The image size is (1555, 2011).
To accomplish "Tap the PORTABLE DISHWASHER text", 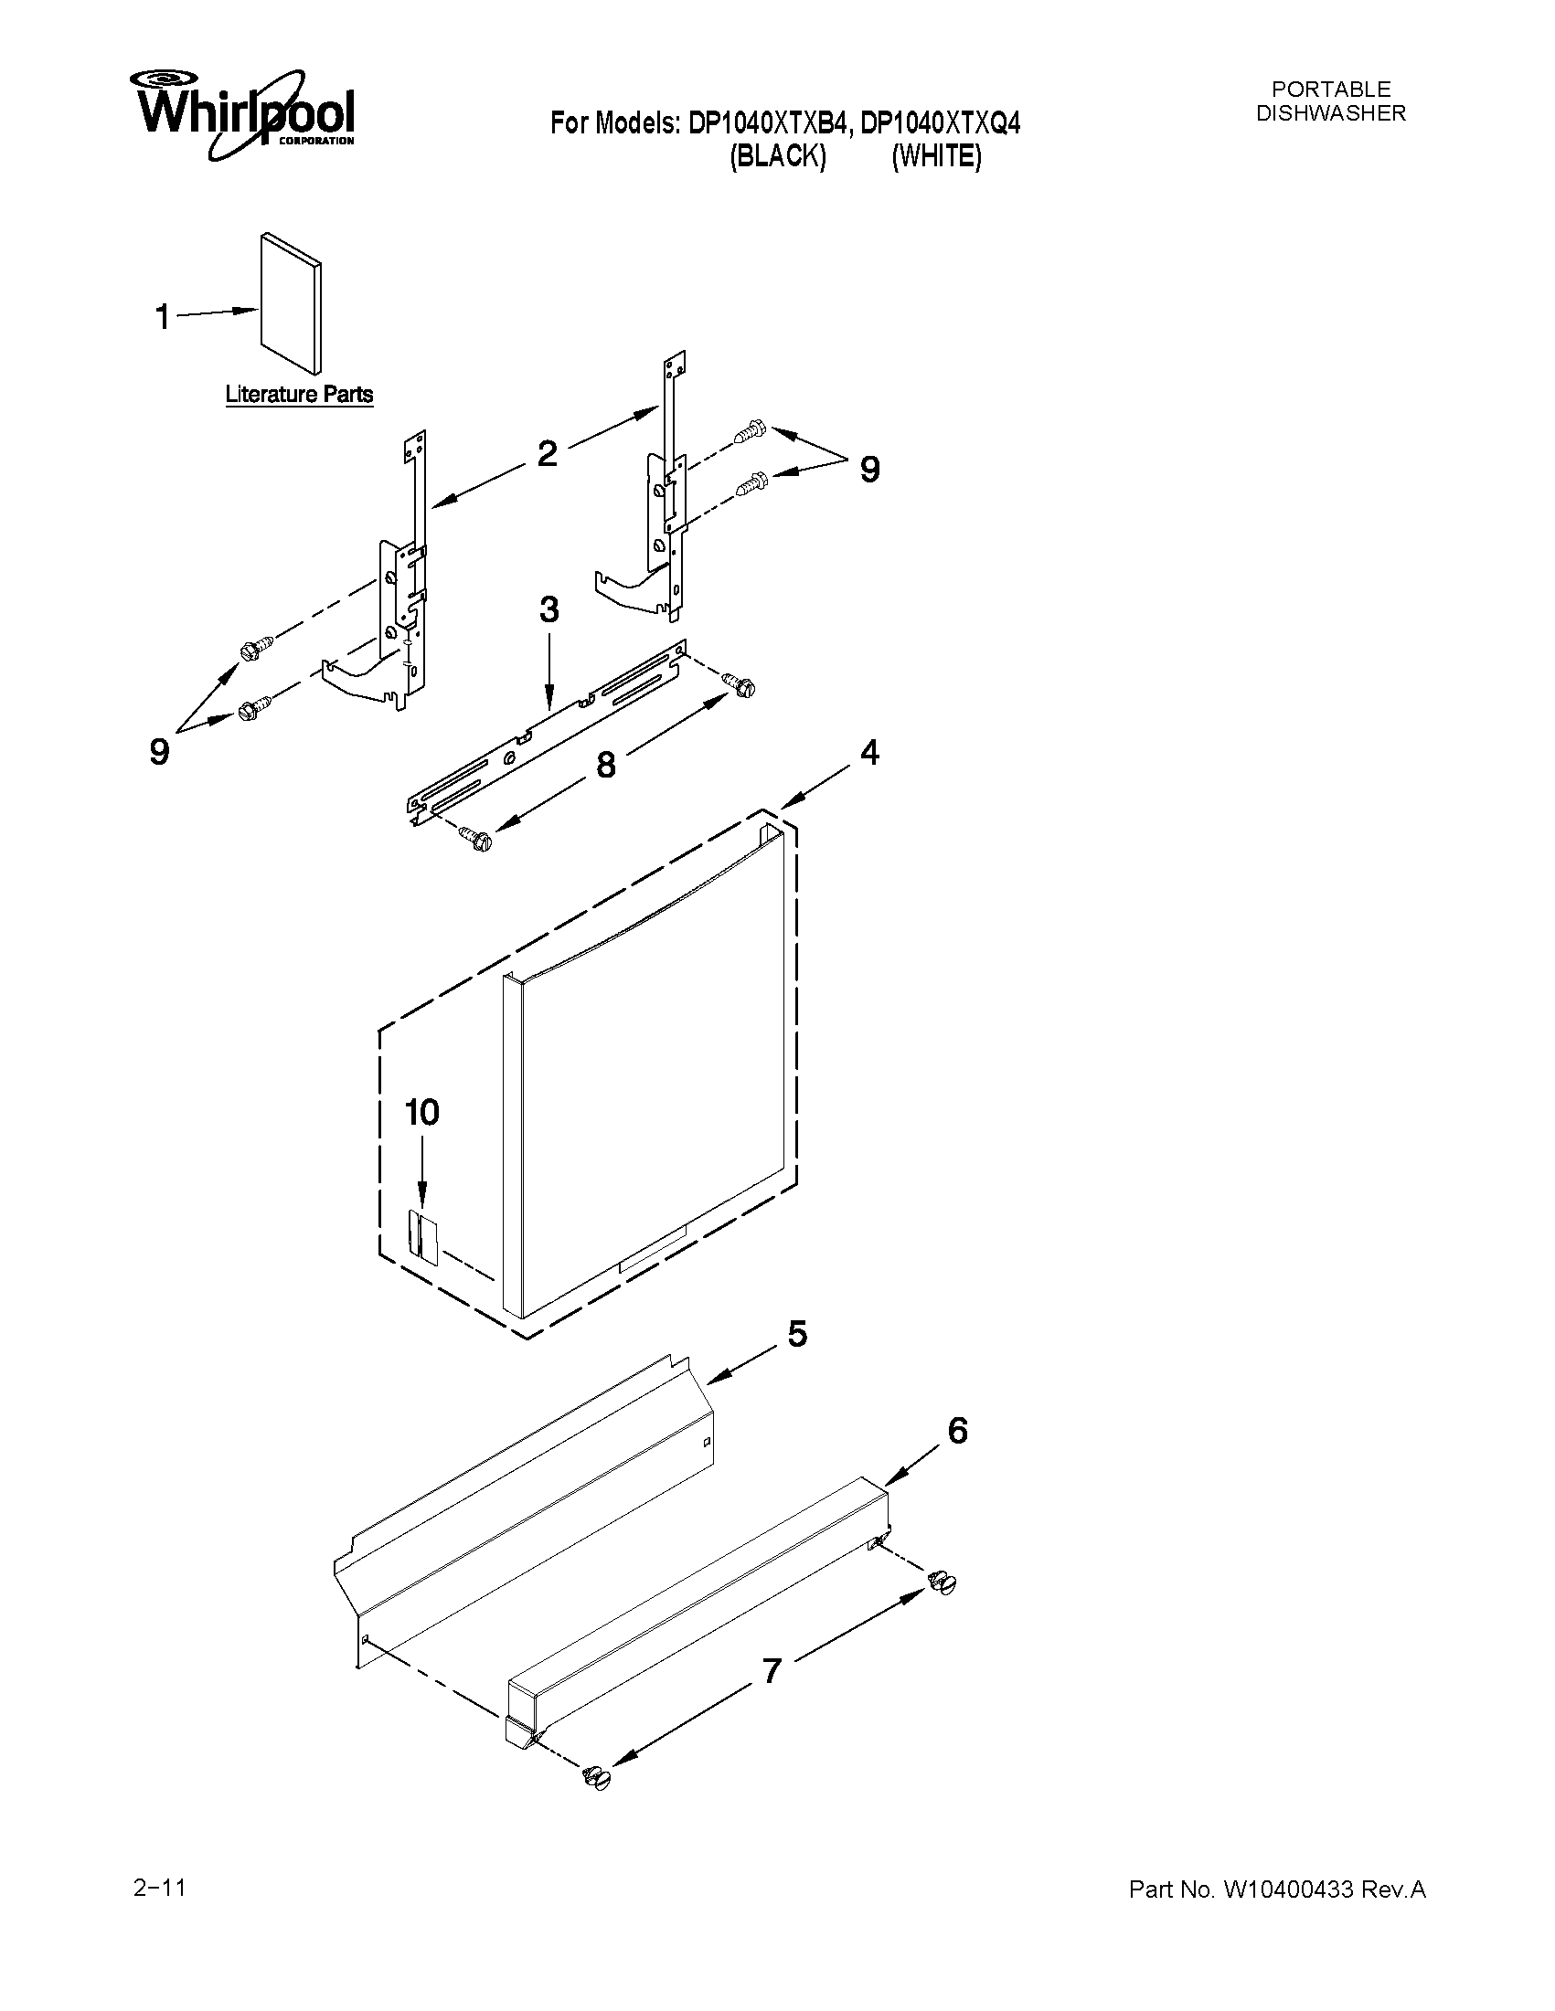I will (x=1331, y=101).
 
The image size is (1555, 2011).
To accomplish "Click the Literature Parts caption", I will (x=300, y=395).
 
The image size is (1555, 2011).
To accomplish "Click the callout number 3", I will (x=549, y=609).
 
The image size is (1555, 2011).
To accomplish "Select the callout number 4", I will (x=869, y=752).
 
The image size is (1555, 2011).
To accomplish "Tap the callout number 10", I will (x=422, y=1112).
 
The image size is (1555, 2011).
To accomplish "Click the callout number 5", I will (x=797, y=1333).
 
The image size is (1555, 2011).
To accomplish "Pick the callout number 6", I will (x=957, y=1431).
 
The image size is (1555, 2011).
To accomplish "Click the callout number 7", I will (x=771, y=1668).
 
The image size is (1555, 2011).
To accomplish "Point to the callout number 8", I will (x=605, y=764).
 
